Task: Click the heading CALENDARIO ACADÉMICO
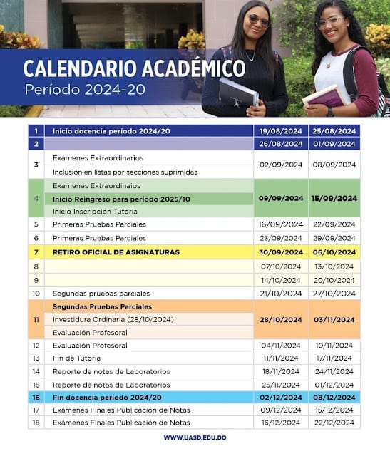pyautogui.click(x=134, y=68)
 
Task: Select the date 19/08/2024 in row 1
pyautogui.click(x=280, y=130)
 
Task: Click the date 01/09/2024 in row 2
pyautogui.click(x=334, y=144)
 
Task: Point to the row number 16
pyautogui.click(x=36, y=397)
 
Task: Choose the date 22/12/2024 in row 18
pyautogui.click(x=334, y=423)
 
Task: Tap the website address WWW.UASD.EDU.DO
pyautogui.click(x=195, y=437)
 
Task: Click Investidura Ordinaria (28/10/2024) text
pyautogui.click(x=113, y=319)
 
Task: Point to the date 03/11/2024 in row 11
pyautogui.click(x=334, y=319)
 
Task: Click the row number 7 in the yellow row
pyautogui.click(x=36, y=252)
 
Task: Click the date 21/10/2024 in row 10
pyautogui.click(x=280, y=293)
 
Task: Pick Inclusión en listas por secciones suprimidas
pyautogui.click(x=125, y=172)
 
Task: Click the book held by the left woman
pyautogui.click(x=237, y=93)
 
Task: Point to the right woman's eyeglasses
pyautogui.click(x=329, y=22)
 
